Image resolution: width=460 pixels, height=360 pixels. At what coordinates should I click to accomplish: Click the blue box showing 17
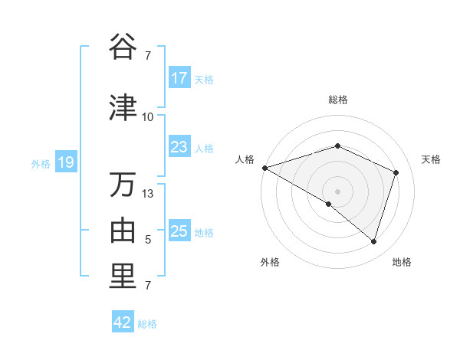(179, 78)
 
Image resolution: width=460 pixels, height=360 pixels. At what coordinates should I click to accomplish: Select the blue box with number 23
(179, 147)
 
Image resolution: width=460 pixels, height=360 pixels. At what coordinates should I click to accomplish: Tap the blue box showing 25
(179, 231)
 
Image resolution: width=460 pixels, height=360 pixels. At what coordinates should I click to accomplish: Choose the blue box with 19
(65, 162)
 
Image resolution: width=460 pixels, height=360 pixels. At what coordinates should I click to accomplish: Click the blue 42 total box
(123, 322)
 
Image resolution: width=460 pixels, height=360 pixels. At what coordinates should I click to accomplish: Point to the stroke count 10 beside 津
(148, 117)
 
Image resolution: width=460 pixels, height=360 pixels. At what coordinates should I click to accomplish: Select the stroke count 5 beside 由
(148, 240)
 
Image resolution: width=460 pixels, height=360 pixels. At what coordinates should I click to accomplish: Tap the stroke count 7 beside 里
(148, 286)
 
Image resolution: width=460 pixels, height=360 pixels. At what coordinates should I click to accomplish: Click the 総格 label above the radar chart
(337, 100)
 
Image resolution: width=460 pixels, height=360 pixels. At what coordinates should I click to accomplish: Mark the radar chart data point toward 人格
(264, 168)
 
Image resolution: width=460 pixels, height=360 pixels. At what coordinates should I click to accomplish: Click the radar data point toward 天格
(396, 172)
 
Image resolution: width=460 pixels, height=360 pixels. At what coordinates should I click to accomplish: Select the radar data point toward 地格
(373, 242)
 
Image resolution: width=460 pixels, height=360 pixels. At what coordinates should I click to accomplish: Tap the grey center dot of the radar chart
(337, 191)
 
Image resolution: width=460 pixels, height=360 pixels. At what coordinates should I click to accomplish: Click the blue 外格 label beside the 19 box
(41, 163)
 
